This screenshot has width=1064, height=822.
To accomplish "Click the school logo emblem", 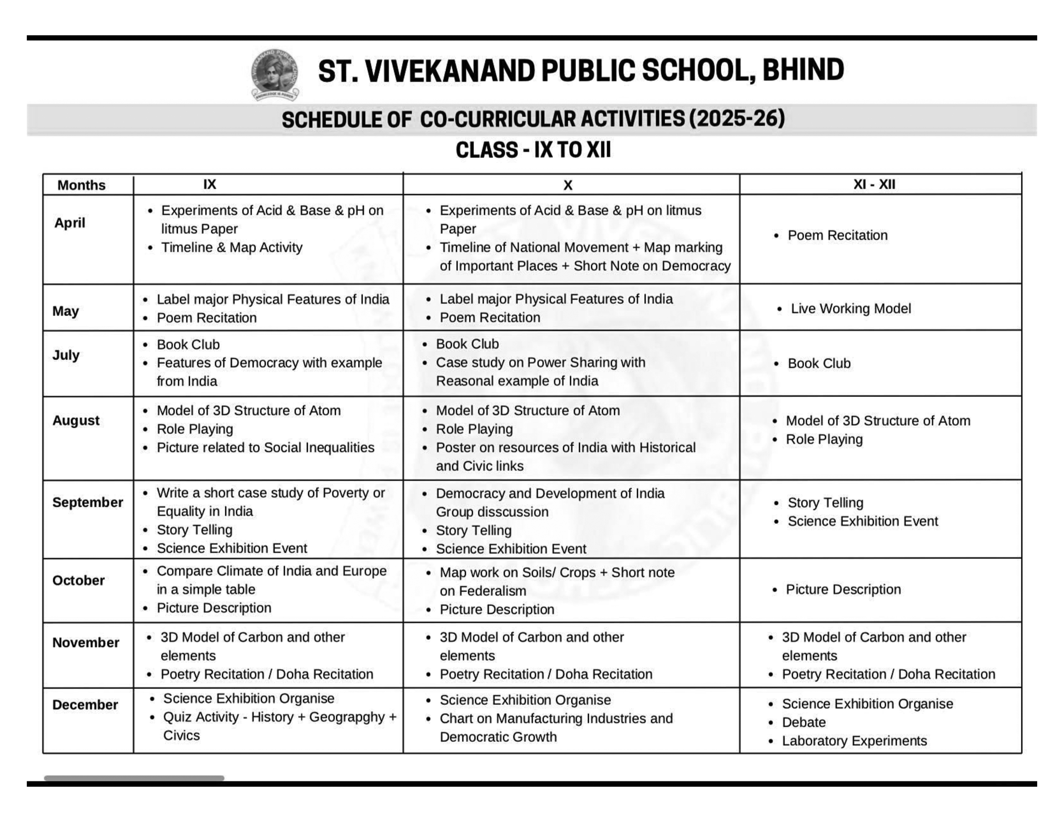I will coord(275,74).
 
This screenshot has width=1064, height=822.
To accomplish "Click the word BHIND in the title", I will coord(803,70).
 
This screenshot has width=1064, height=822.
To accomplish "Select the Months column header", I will coord(81,185).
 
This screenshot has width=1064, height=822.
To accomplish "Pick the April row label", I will coord(70,223).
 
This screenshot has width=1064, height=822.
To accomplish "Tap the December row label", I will coord(85,705).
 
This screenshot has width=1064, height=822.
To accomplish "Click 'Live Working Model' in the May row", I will coord(850,309).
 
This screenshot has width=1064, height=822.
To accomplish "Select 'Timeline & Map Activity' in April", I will coord(232,247).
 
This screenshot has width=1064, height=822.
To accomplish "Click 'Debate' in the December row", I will coord(804,722).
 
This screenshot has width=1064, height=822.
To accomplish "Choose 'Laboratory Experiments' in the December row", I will coord(854,741).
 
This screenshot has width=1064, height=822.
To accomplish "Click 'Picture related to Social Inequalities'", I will coord(265,447).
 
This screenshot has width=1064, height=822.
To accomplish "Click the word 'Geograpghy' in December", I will coord(347,717).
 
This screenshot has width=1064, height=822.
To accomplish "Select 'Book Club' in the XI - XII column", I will coord(819,363).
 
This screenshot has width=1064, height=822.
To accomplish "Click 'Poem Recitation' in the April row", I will coord(837,235).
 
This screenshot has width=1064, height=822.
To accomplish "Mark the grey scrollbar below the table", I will coord(134,778).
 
